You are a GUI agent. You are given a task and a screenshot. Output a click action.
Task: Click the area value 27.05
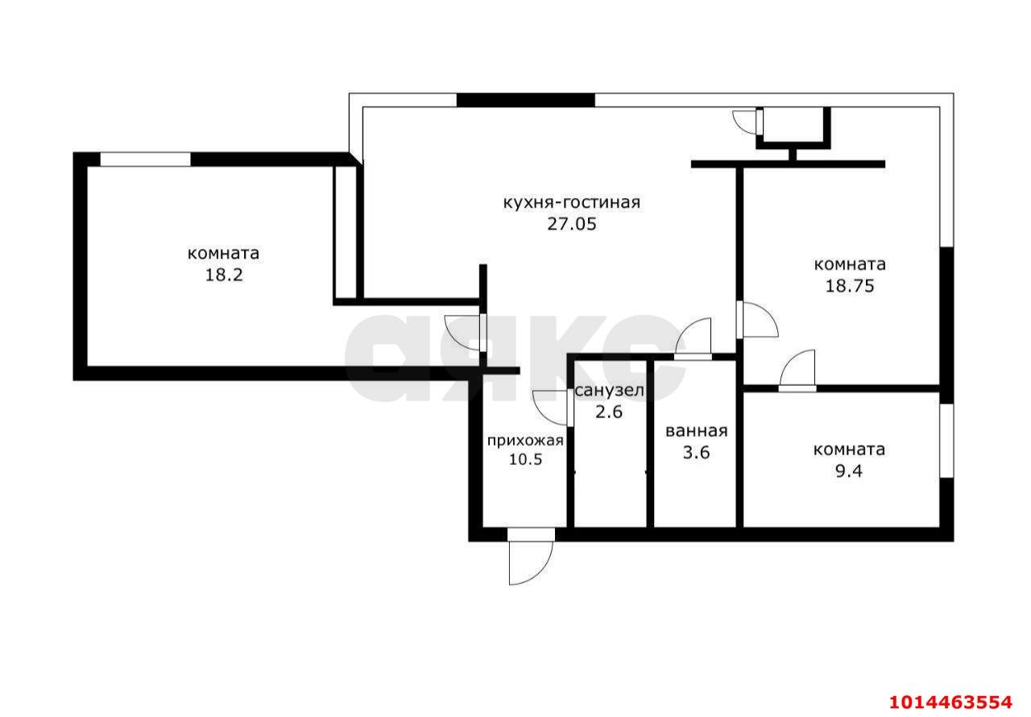click(572, 225)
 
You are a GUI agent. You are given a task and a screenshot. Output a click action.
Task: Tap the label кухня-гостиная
click(571, 202)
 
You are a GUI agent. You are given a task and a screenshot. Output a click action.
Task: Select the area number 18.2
click(223, 275)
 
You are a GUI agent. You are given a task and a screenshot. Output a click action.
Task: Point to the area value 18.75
click(850, 285)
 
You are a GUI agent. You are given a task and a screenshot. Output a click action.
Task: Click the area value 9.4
click(849, 471)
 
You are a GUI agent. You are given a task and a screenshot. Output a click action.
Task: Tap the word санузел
click(608, 392)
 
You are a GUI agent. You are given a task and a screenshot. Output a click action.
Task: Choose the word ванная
click(696, 431)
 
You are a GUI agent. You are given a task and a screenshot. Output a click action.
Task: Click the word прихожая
click(524, 441)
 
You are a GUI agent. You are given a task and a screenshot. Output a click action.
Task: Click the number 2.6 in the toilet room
click(608, 412)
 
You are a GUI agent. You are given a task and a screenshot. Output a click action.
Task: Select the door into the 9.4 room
click(797, 372)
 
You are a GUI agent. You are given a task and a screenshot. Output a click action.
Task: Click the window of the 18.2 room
click(145, 160)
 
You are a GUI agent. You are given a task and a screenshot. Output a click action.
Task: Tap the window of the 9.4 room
click(946, 440)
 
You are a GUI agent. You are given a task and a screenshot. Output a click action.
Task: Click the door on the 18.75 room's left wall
click(757, 320)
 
